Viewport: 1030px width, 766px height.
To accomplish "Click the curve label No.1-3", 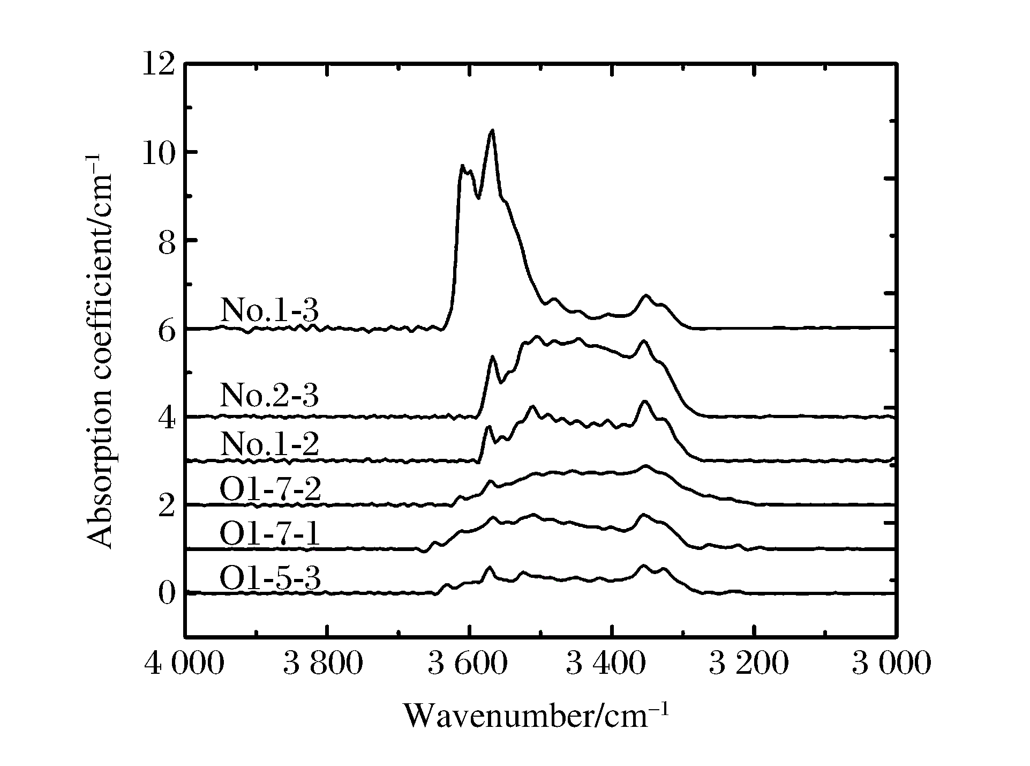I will (269, 310).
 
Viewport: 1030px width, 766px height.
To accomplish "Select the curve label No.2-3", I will (269, 396).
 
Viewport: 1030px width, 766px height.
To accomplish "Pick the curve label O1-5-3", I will (270, 579).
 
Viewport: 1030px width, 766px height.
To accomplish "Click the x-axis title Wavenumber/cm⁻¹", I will (536, 716).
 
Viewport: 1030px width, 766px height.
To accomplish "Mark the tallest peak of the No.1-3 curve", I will (492, 130).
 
